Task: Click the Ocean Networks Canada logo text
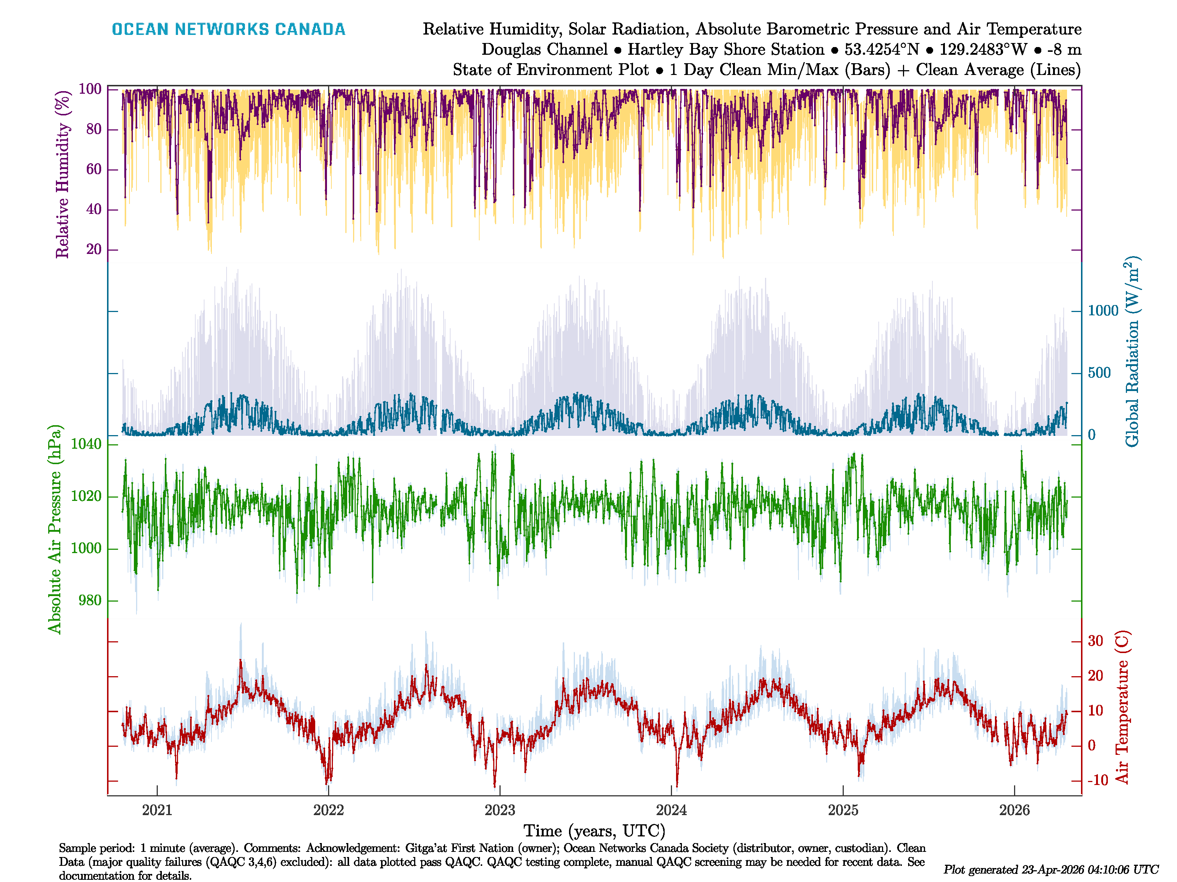pos(228,29)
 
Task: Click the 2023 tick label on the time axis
pos(499,810)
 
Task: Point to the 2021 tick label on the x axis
pos(157,810)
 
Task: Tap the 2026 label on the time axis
pos(1014,810)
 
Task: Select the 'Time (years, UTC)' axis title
pos(594,831)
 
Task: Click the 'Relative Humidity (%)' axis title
pos(63,175)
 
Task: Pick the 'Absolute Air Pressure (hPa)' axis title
pos(55,529)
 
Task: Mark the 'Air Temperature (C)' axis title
pos(1122,707)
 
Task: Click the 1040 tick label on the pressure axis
pos(86,444)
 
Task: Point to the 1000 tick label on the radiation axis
pos(1103,311)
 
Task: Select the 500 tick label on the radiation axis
pos(1099,373)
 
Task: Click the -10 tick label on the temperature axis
pos(1098,781)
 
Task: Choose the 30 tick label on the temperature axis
pos(1095,641)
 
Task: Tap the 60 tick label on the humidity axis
pos(94,169)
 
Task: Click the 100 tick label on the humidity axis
pos(90,89)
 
